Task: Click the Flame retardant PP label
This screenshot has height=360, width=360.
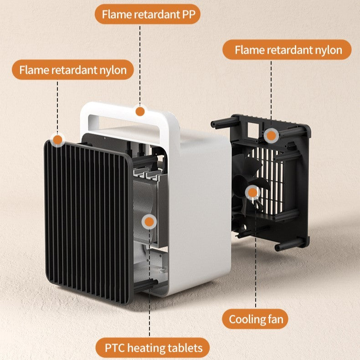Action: coord(147,14)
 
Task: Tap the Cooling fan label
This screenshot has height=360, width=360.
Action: coord(256,319)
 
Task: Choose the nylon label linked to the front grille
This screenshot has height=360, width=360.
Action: coord(73,71)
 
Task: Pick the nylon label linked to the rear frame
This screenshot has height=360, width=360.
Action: coord(288,50)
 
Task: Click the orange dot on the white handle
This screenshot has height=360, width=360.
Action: coord(140,111)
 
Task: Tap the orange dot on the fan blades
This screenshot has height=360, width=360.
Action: coord(252,192)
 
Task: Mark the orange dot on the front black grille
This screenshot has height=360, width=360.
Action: coord(57,140)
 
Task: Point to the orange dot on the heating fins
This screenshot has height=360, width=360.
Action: coord(149,222)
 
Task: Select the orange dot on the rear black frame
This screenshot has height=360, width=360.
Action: coord(271,135)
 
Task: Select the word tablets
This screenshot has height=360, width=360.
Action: coord(186,348)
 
